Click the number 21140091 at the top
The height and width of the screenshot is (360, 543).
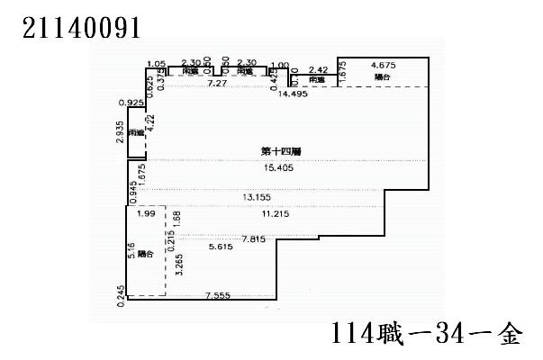pos(80,27)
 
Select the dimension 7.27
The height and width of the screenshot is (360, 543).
pos(216,83)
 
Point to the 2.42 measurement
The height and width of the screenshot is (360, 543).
pos(317,68)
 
